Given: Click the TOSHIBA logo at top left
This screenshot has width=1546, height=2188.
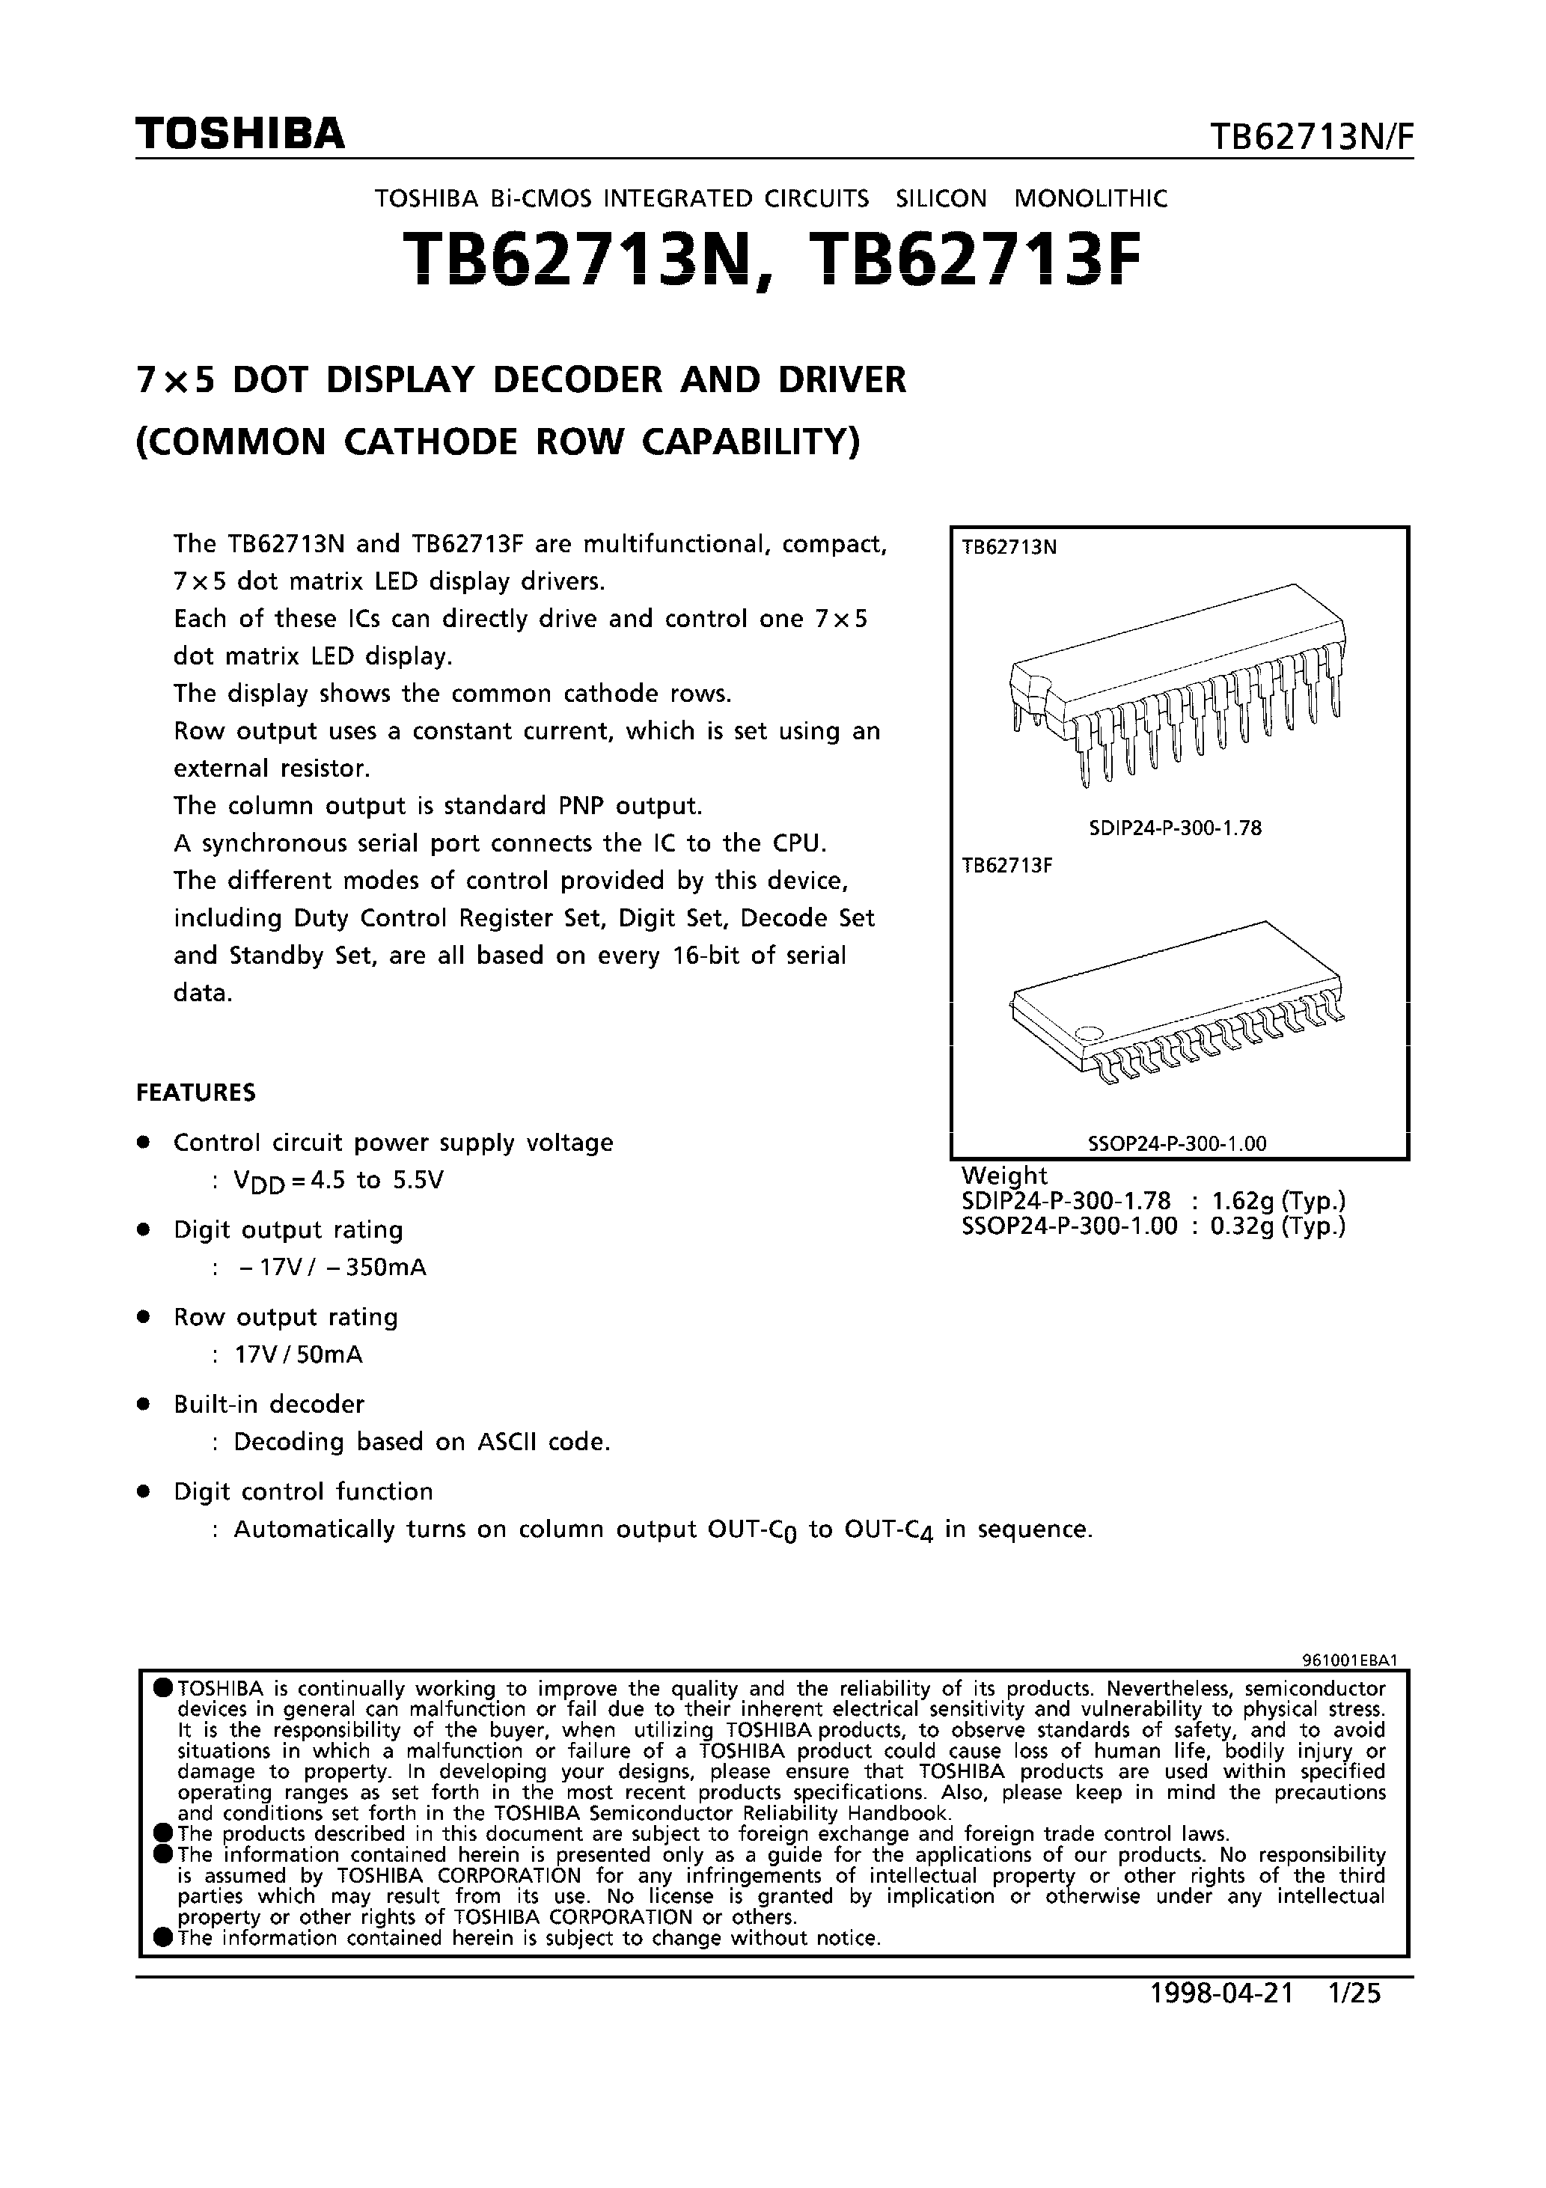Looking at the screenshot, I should [x=239, y=135].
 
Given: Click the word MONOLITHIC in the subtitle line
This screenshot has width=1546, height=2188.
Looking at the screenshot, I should [x=1090, y=198].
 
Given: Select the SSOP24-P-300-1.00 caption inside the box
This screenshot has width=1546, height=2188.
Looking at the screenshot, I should [x=1177, y=1143].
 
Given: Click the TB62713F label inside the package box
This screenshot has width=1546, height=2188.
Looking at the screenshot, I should [x=1006, y=867].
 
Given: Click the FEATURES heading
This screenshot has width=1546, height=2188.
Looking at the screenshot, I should [x=195, y=1092].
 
